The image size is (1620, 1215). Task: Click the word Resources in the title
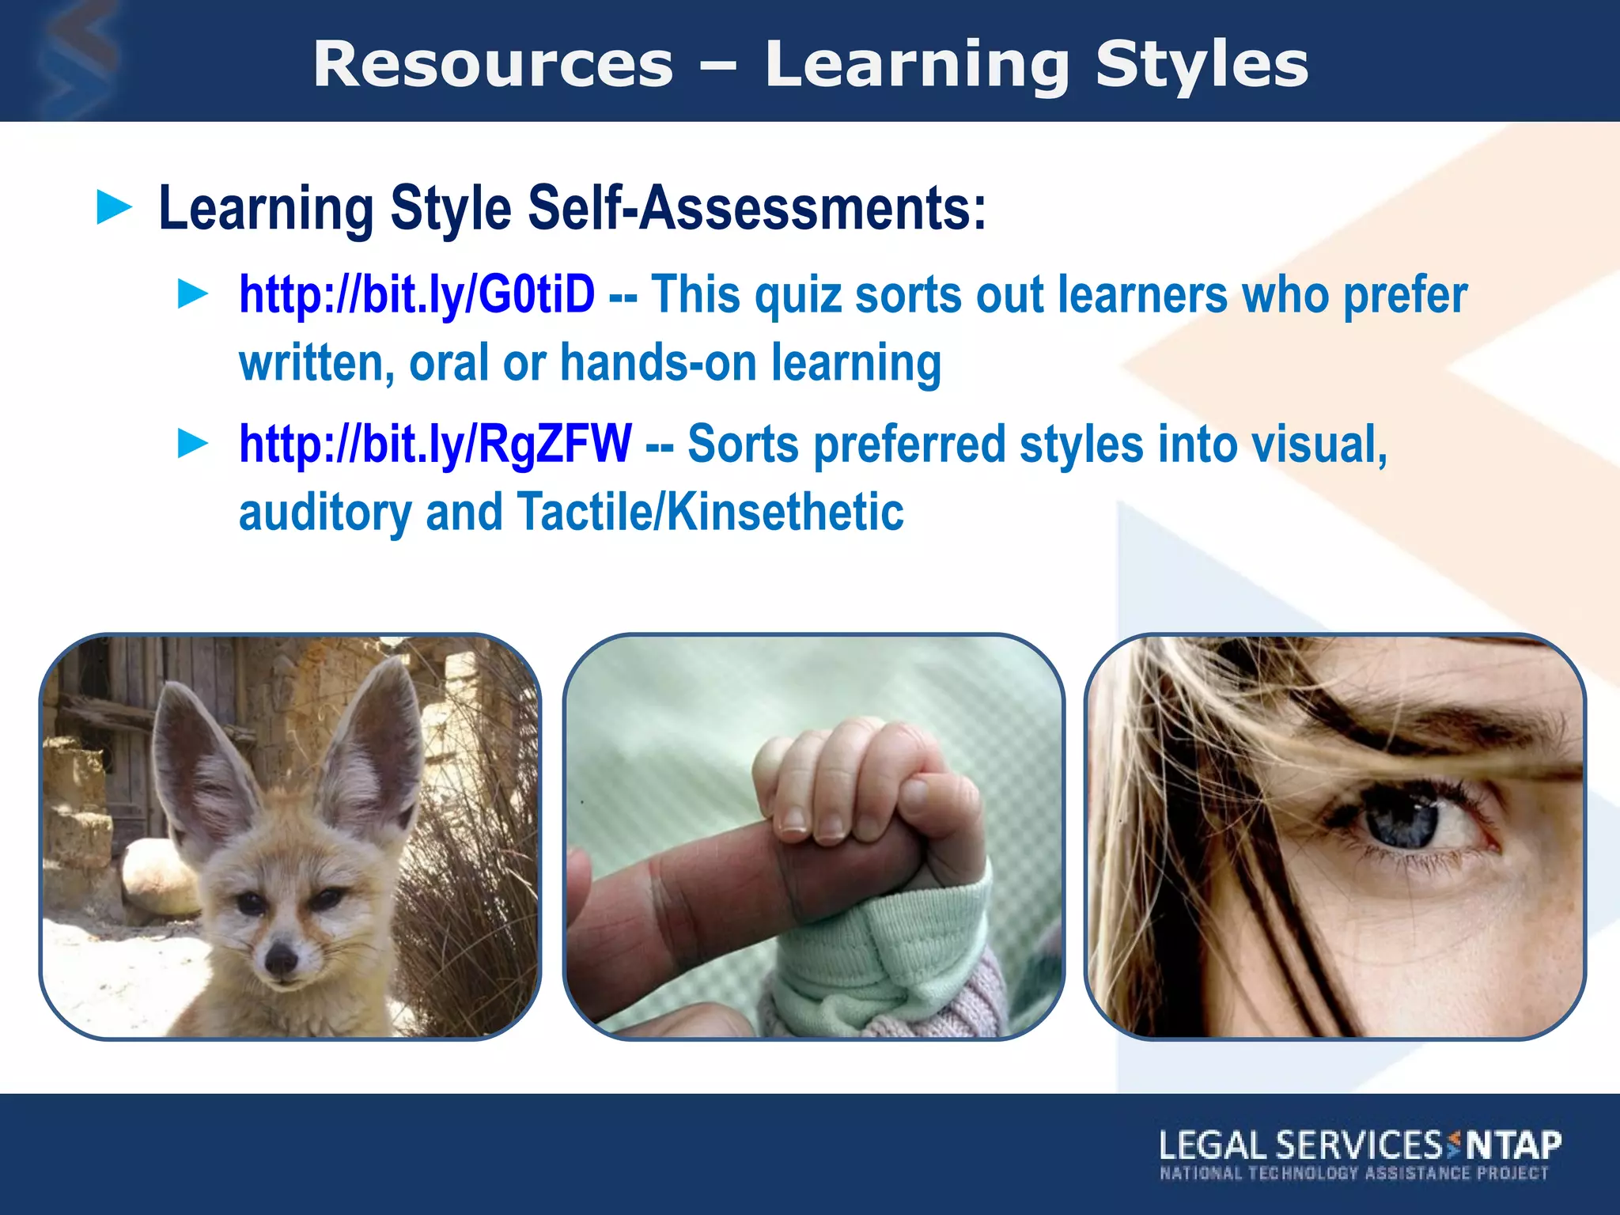493,65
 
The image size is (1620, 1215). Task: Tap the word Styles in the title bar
1202,65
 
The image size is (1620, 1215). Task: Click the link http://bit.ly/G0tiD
417,295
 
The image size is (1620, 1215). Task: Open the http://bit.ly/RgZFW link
435,444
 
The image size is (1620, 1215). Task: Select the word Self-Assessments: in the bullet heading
757,209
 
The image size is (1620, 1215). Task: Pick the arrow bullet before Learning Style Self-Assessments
114,207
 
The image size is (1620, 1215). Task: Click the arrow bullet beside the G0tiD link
193,293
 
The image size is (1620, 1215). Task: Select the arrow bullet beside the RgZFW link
193,443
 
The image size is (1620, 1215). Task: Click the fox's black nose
281,959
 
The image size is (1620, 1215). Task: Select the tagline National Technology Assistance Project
1353,1173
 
